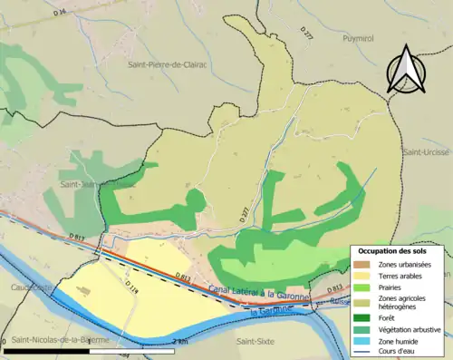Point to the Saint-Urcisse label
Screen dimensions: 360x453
[427, 151]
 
